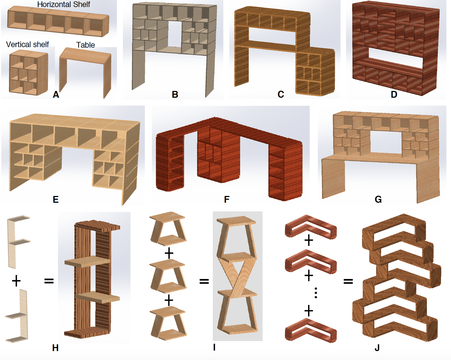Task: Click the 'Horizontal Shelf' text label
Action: [x=64, y=4]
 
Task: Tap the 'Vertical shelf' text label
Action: [x=27, y=44]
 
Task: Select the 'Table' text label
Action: [x=86, y=45]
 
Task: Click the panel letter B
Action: [x=175, y=94]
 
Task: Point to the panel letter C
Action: [x=281, y=94]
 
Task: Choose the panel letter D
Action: [x=394, y=94]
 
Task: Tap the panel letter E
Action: [x=55, y=199]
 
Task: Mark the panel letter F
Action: [x=227, y=199]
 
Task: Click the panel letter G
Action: [x=378, y=199]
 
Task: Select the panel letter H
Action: [x=55, y=348]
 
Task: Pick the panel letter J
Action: [x=377, y=348]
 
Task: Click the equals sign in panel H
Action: [x=49, y=281]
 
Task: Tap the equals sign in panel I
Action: [x=204, y=282]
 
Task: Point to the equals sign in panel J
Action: [x=348, y=282]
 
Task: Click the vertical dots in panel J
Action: [x=316, y=293]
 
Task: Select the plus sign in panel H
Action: [x=16, y=281]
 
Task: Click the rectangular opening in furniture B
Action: [x=175, y=34]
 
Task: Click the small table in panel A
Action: [x=85, y=72]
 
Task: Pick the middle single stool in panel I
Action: [x=168, y=276]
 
